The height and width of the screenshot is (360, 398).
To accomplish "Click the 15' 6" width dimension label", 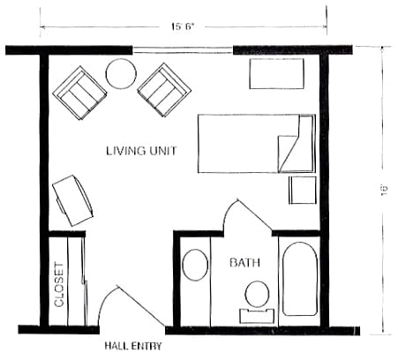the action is pos(182,26).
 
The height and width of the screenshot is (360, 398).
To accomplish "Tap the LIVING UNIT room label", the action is pos(141,151).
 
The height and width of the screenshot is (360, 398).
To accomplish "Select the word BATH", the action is pos(244,262).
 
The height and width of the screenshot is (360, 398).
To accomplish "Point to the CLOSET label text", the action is pos(59,285).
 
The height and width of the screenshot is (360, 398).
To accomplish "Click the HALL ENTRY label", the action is pos(133,346).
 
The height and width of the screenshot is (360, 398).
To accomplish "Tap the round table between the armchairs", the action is pos(121,73).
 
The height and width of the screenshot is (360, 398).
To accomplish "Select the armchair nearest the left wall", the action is pos(79,93).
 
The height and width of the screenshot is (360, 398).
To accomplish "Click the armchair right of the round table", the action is pos(165,90).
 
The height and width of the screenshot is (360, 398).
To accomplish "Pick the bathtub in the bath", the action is pos(300,279).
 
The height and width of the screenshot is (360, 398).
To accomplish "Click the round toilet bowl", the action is pos(257,295).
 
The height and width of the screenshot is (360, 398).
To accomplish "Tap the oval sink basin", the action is pos(195,265).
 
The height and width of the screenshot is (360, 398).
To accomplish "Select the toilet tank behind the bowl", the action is pos(257,316).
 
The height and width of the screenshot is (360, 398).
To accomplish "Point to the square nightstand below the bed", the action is pos(303,190).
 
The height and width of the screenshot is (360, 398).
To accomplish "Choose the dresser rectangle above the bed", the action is pos(276,73).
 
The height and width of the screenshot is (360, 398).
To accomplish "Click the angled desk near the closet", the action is pos(73,200).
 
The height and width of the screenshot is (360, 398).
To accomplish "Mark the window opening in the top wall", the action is pos(183,50).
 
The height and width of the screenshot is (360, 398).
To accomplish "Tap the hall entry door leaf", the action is pos(141,306).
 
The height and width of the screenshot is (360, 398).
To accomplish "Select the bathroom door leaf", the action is pos(255,214).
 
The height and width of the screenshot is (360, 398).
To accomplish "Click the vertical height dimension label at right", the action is pos(384,191).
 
